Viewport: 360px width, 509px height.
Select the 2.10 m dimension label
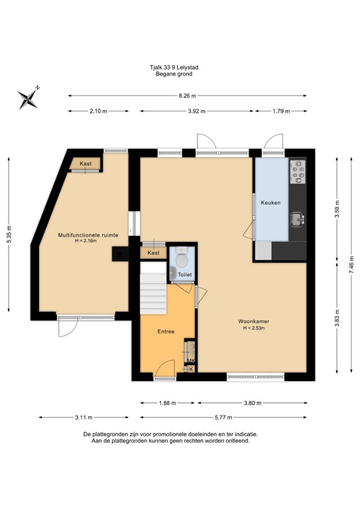98,111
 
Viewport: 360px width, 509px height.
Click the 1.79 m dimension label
281,111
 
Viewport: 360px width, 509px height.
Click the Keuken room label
271,202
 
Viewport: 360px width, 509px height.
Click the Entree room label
166,331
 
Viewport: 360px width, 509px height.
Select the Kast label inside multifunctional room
86,164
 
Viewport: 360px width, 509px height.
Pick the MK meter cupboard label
191,361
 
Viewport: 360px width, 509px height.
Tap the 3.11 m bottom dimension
83,418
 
